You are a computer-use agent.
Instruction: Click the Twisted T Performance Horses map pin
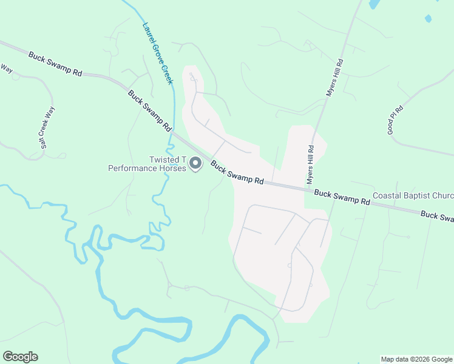[x=195, y=164]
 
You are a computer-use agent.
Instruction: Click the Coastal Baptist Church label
[x=413, y=196]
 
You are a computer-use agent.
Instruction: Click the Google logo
[x=20, y=357]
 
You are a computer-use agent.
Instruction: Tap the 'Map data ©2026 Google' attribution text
[x=416, y=359]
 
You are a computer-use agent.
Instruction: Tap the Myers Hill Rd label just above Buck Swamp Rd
[x=311, y=165]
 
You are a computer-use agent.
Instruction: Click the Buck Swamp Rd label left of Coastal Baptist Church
[x=342, y=197]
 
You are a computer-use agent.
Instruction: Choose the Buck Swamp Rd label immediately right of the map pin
[x=237, y=172]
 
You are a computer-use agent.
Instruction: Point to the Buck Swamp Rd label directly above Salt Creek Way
[x=55, y=63]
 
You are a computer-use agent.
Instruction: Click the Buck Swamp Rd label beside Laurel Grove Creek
[x=149, y=111]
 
